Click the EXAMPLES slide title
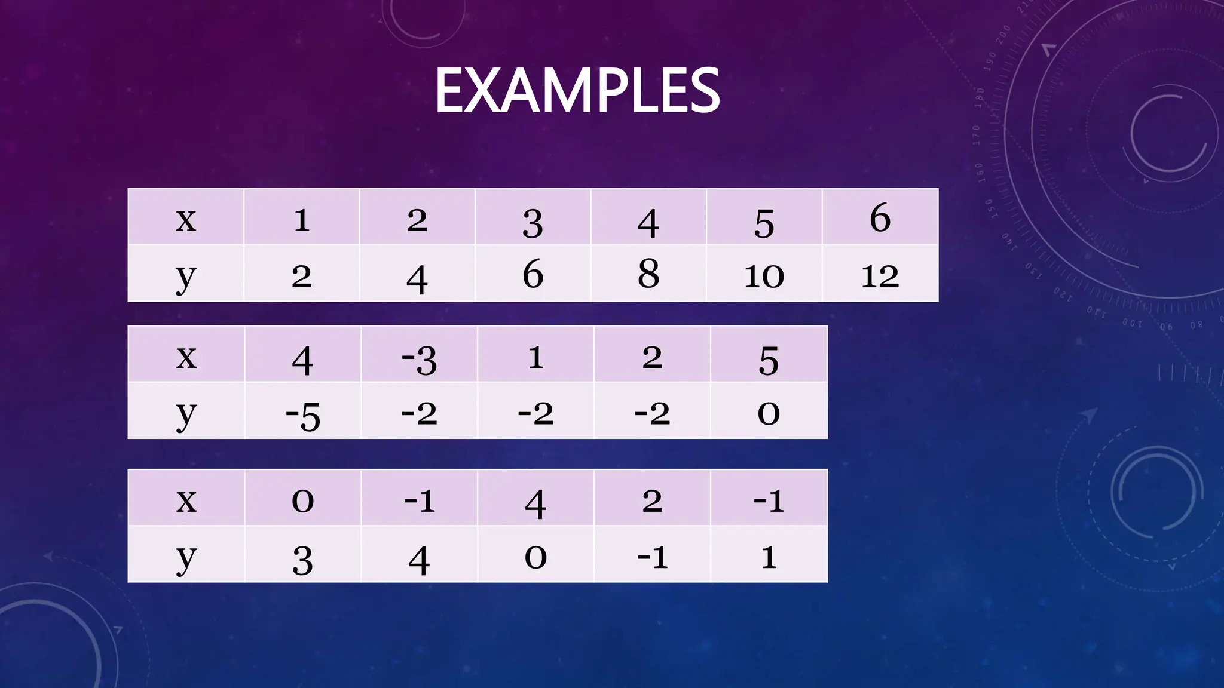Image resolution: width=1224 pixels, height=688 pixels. [577, 91]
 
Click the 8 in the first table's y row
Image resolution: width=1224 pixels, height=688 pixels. [648, 274]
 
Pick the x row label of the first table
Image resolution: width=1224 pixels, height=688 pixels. [186, 219]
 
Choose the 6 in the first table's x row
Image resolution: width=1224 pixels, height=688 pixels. [880, 218]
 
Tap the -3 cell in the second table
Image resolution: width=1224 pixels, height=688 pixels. [419, 359]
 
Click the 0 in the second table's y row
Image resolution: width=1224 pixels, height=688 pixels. [769, 413]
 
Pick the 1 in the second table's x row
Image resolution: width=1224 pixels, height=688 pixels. [535, 357]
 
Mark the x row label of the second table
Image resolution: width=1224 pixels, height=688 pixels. [186, 357]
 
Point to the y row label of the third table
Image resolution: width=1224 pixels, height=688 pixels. [186, 557]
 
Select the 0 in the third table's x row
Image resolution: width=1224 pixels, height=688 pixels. [302, 500]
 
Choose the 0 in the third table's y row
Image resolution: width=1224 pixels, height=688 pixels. [535, 557]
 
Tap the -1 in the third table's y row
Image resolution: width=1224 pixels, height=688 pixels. [652, 557]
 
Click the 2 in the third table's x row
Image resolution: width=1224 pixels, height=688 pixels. [652, 500]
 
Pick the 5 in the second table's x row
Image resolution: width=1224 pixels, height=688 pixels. [769, 360]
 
